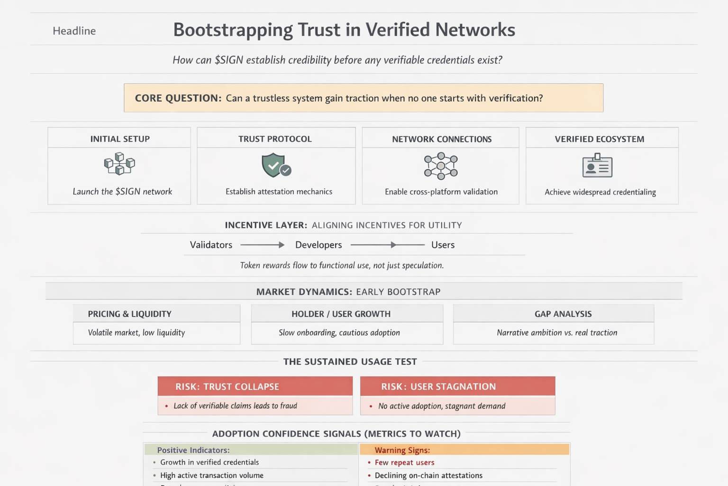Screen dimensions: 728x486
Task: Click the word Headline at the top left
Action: point(74,31)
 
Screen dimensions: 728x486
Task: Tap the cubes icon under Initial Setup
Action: point(119,164)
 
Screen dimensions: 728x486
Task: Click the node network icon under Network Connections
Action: point(441,166)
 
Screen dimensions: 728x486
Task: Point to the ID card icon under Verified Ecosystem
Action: point(597,166)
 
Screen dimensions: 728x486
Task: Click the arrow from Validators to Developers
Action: point(262,245)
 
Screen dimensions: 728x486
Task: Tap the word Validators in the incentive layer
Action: point(211,245)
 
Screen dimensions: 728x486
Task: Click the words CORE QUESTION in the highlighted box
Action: point(178,98)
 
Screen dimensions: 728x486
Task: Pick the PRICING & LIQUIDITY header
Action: point(129,314)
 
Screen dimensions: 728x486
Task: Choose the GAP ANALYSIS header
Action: point(563,314)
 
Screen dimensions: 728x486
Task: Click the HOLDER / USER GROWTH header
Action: point(341,314)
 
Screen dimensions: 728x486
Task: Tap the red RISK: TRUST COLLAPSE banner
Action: point(255,386)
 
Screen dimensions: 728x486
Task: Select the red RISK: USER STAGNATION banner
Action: point(457,386)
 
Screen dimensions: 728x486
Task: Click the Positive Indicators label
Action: point(193,450)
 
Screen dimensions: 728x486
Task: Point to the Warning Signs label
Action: point(402,450)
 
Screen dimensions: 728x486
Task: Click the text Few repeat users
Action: point(404,462)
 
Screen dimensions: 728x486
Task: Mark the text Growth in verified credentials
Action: point(209,462)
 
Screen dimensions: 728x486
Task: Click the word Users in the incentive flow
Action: point(443,245)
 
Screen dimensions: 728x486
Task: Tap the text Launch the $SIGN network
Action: point(122,192)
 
